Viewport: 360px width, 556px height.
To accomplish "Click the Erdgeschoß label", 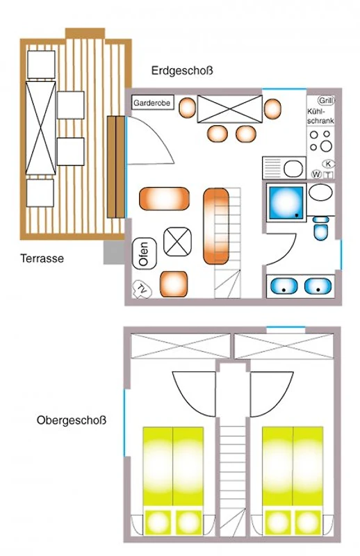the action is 182,71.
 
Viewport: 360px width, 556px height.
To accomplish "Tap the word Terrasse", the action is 42,258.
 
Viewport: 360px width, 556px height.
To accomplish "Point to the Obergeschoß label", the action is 72,420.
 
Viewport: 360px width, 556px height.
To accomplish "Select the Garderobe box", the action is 153,103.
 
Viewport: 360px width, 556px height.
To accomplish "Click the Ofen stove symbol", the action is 144,254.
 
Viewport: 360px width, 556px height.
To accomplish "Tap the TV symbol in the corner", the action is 142,289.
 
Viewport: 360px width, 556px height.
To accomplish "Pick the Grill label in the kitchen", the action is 326,100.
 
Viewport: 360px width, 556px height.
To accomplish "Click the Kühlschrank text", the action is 320,116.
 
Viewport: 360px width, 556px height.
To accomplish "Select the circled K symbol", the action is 329,164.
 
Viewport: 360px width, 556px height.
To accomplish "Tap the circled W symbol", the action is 316,174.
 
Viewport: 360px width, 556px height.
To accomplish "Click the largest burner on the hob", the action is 325,146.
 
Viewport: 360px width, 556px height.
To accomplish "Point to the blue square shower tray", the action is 286,202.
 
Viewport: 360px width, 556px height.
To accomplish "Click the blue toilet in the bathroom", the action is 322,229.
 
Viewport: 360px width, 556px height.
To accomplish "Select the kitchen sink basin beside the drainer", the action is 294,169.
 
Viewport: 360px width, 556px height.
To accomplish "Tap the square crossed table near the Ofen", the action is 177,242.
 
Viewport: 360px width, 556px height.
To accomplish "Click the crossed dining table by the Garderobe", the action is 229,109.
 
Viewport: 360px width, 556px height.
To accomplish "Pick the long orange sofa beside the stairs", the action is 216,227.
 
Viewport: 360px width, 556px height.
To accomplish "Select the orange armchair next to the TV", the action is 174,284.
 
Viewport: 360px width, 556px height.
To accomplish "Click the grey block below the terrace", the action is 114,252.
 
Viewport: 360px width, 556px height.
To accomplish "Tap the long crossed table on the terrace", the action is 41,128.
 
